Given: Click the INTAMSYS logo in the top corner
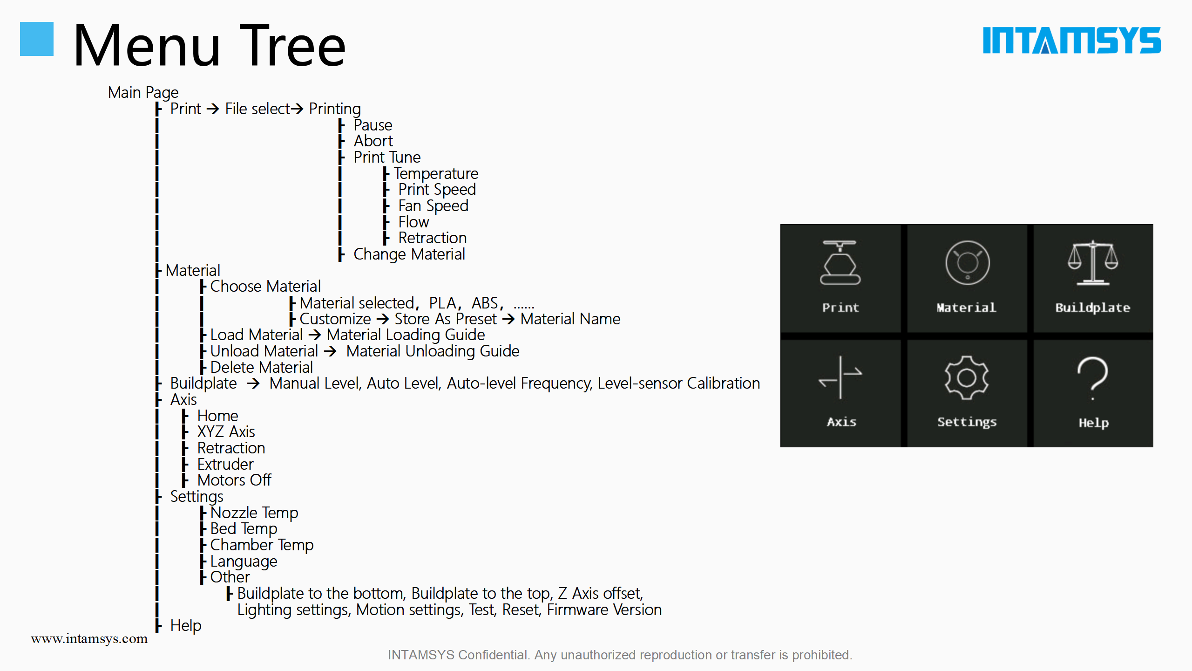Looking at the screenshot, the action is pos(1071,40).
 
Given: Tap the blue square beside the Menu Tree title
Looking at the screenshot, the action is pos(37,39).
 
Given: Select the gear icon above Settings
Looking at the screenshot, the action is pos(967,378).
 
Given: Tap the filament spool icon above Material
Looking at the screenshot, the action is pos(968,263).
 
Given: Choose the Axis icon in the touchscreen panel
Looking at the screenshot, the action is pos(840,377).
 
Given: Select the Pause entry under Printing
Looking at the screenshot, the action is pos(373,125).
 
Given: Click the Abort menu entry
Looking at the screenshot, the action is pos(373,141).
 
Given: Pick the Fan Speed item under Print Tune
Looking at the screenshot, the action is pos(433,205).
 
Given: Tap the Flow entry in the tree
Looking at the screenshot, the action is pos(413,222).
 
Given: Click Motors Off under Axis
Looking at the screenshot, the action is pos(234,480).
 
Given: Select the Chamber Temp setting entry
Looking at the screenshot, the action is pos(262,545).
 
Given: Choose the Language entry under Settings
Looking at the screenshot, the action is pos(244,561).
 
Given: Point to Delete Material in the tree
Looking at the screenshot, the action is pos(261,367).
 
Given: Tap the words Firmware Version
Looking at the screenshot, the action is pos(604,609).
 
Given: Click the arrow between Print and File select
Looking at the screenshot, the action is pos(213,109).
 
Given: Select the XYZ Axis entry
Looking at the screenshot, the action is pos(226,431).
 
